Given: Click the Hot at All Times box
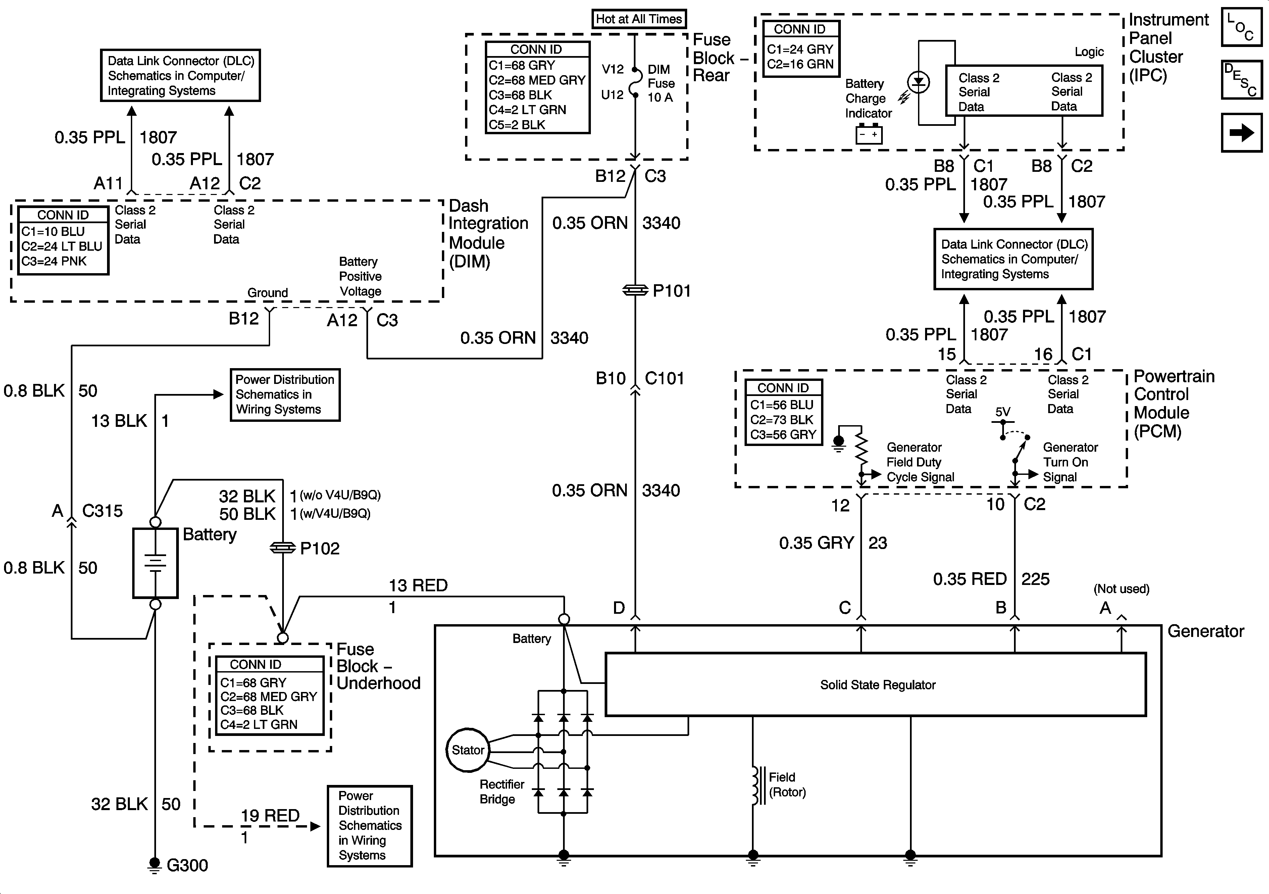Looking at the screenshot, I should pyautogui.click(x=639, y=19).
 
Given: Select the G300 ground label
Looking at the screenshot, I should pyautogui.click(x=187, y=865).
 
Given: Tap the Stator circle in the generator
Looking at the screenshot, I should pyautogui.click(x=468, y=750).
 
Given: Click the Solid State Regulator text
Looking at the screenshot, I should pyautogui.click(x=878, y=685).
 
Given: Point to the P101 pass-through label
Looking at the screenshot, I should pyautogui.click(x=671, y=291).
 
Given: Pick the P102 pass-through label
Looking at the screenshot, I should pyautogui.click(x=319, y=548).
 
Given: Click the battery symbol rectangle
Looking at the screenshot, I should pyautogui.click(x=155, y=563).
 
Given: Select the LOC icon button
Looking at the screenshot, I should pyautogui.click(x=1241, y=27).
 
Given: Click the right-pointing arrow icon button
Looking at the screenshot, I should pyautogui.click(x=1241, y=133).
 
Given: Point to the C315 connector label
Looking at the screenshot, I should pyautogui.click(x=102, y=511).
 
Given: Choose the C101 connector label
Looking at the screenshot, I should pyautogui.click(x=664, y=379).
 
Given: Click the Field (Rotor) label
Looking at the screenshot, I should pyautogui.click(x=787, y=785).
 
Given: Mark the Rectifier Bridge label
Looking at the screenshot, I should pyautogui.click(x=501, y=792).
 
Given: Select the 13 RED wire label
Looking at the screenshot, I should pyautogui.click(x=418, y=586).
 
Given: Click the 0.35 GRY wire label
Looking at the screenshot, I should pyautogui.click(x=816, y=543).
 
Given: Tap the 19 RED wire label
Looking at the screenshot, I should pyautogui.click(x=270, y=815).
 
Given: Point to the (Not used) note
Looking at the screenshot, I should pyautogui.click(x=1121, y=589).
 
